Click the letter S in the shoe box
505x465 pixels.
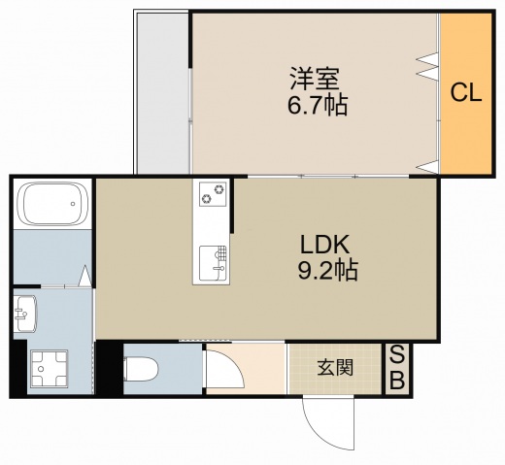coord(396,355)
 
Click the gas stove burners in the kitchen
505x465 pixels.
coord(212,193)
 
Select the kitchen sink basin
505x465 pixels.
coord(212,260)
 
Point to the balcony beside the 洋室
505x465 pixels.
coord(160,92)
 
